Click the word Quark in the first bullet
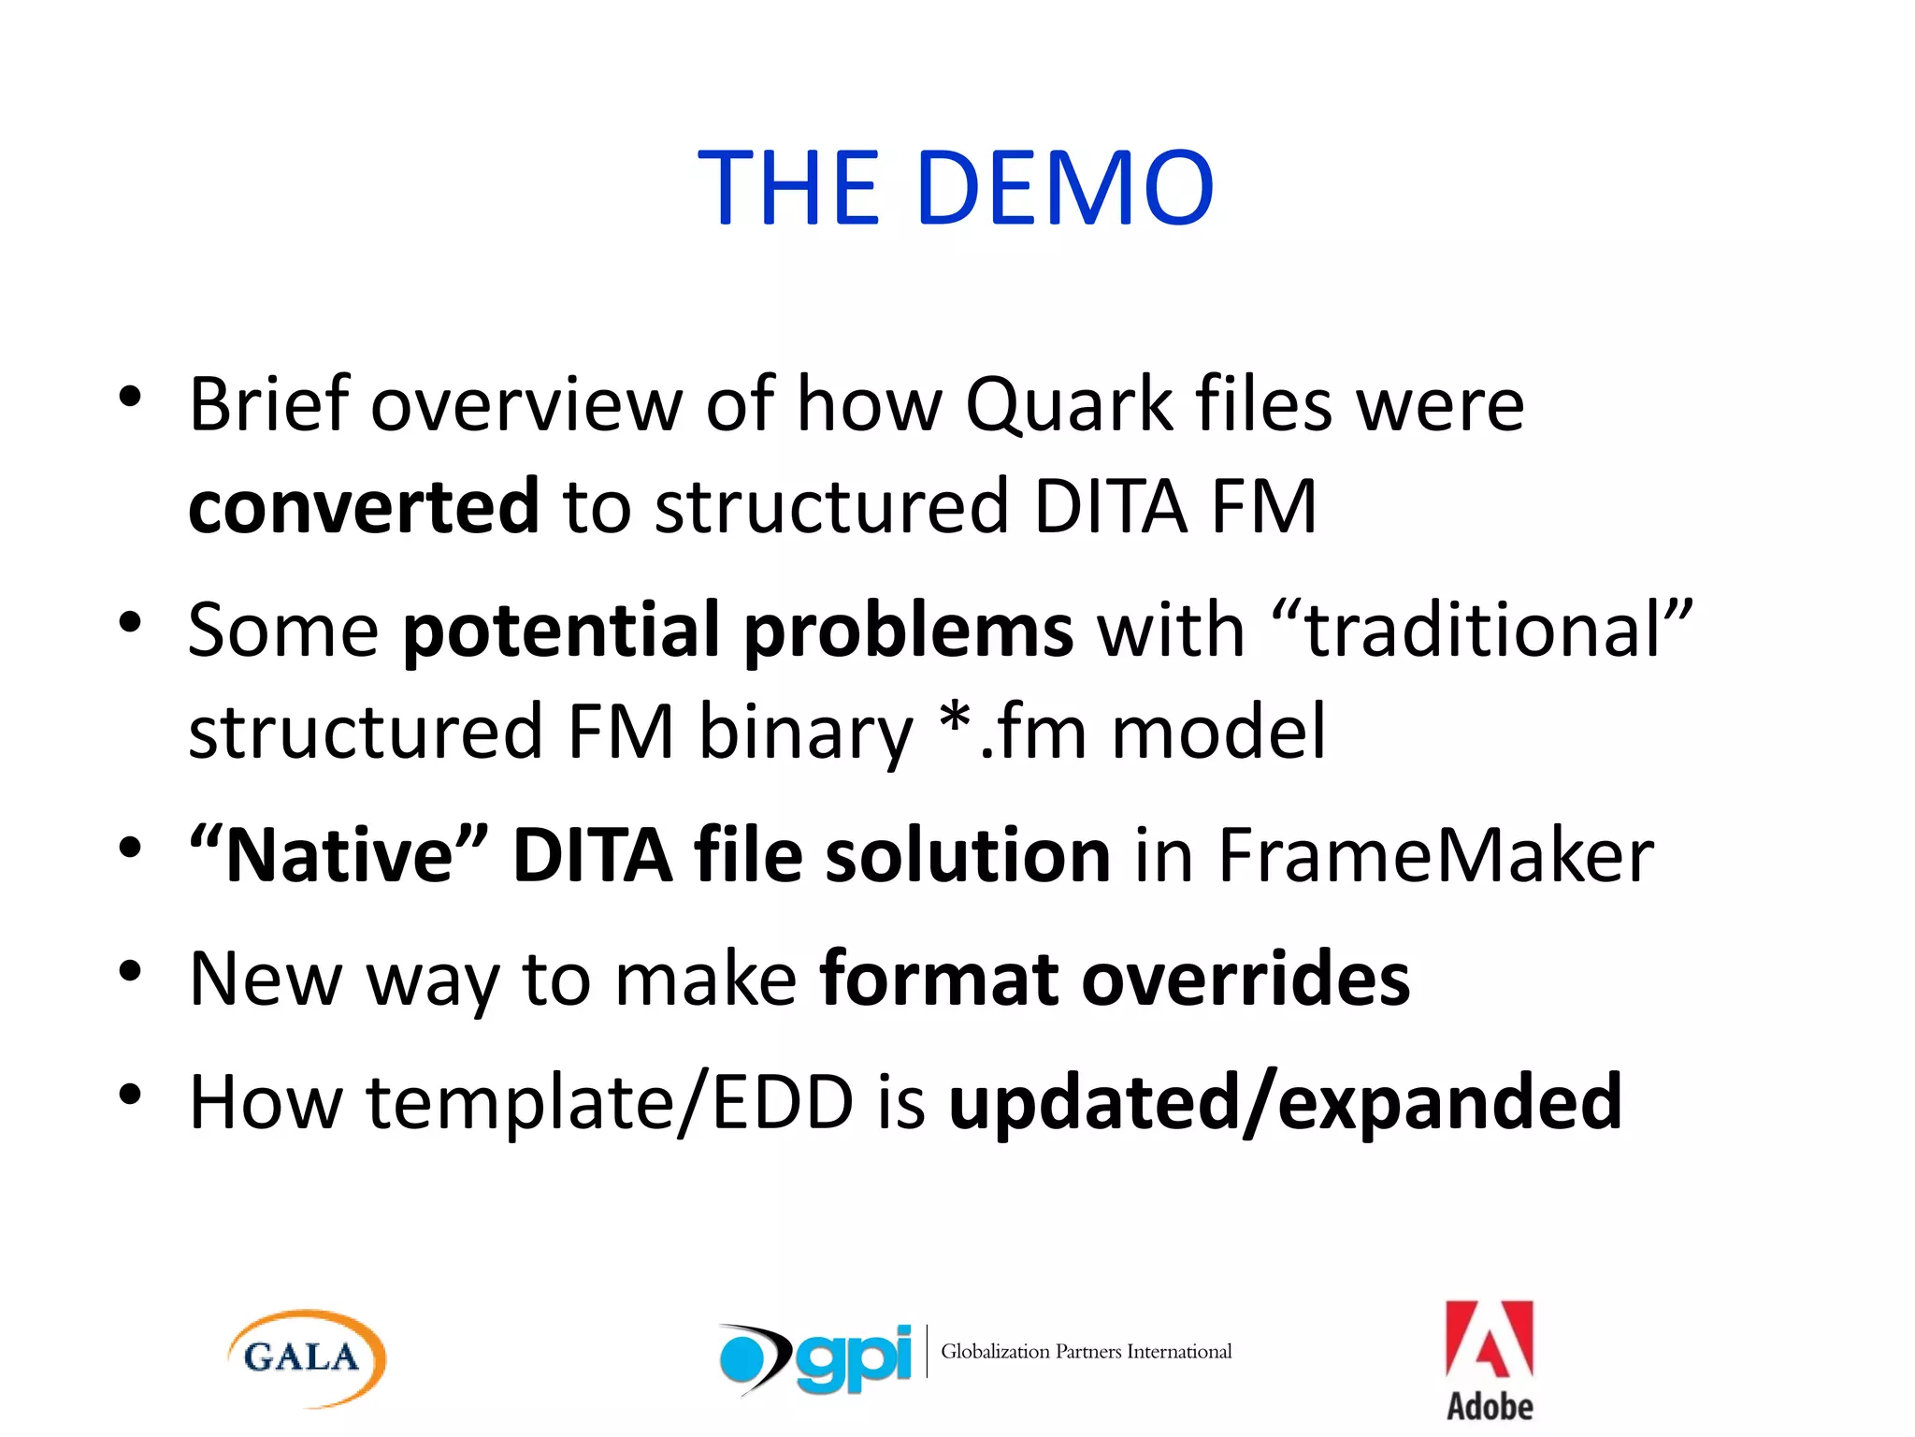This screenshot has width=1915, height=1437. pyautogui.click(x=1068, y=404)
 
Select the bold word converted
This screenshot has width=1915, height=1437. pyautogui.click(x=364, y=506)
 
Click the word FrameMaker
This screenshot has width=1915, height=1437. pyautogui.click(x=1435, y=855)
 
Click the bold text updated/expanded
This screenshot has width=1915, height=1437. pyautogui.click(x=1285, y=1102)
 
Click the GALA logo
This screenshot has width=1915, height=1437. pyautogui.click(x=306, y=1357)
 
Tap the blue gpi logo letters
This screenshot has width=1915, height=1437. pyautogui.click(x=853, y=1358)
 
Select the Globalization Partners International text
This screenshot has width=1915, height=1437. pyautogui.click(x=1086, y=1351)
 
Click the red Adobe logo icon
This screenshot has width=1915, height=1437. pyautogui.click(x=1489, y=1340)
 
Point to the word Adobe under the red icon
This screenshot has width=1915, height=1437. pyautogui.click(x=1489, y=1406)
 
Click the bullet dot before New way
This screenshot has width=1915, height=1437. pyautogui.click(x=130, y=972)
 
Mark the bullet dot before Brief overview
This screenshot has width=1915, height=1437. pyautogui.click(x=130, y=398)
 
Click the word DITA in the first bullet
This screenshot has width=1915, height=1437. pyautogui.click(x=1110, y=506)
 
